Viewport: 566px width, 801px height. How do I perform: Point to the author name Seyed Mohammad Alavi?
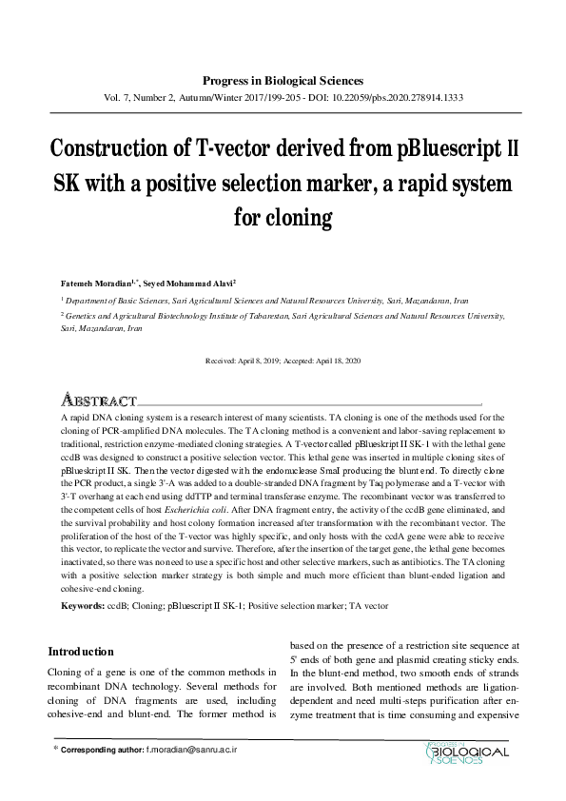[196, 283]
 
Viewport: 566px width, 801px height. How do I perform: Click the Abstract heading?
[99, 400]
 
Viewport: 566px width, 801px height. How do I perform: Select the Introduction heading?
[88, 652]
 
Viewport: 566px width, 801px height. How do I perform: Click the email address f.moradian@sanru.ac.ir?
[190, 751]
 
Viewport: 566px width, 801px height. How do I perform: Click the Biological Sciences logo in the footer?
[466, 753]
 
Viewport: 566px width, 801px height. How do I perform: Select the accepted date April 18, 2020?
[331, 361]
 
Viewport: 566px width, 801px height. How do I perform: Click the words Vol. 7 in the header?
[116, 98]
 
